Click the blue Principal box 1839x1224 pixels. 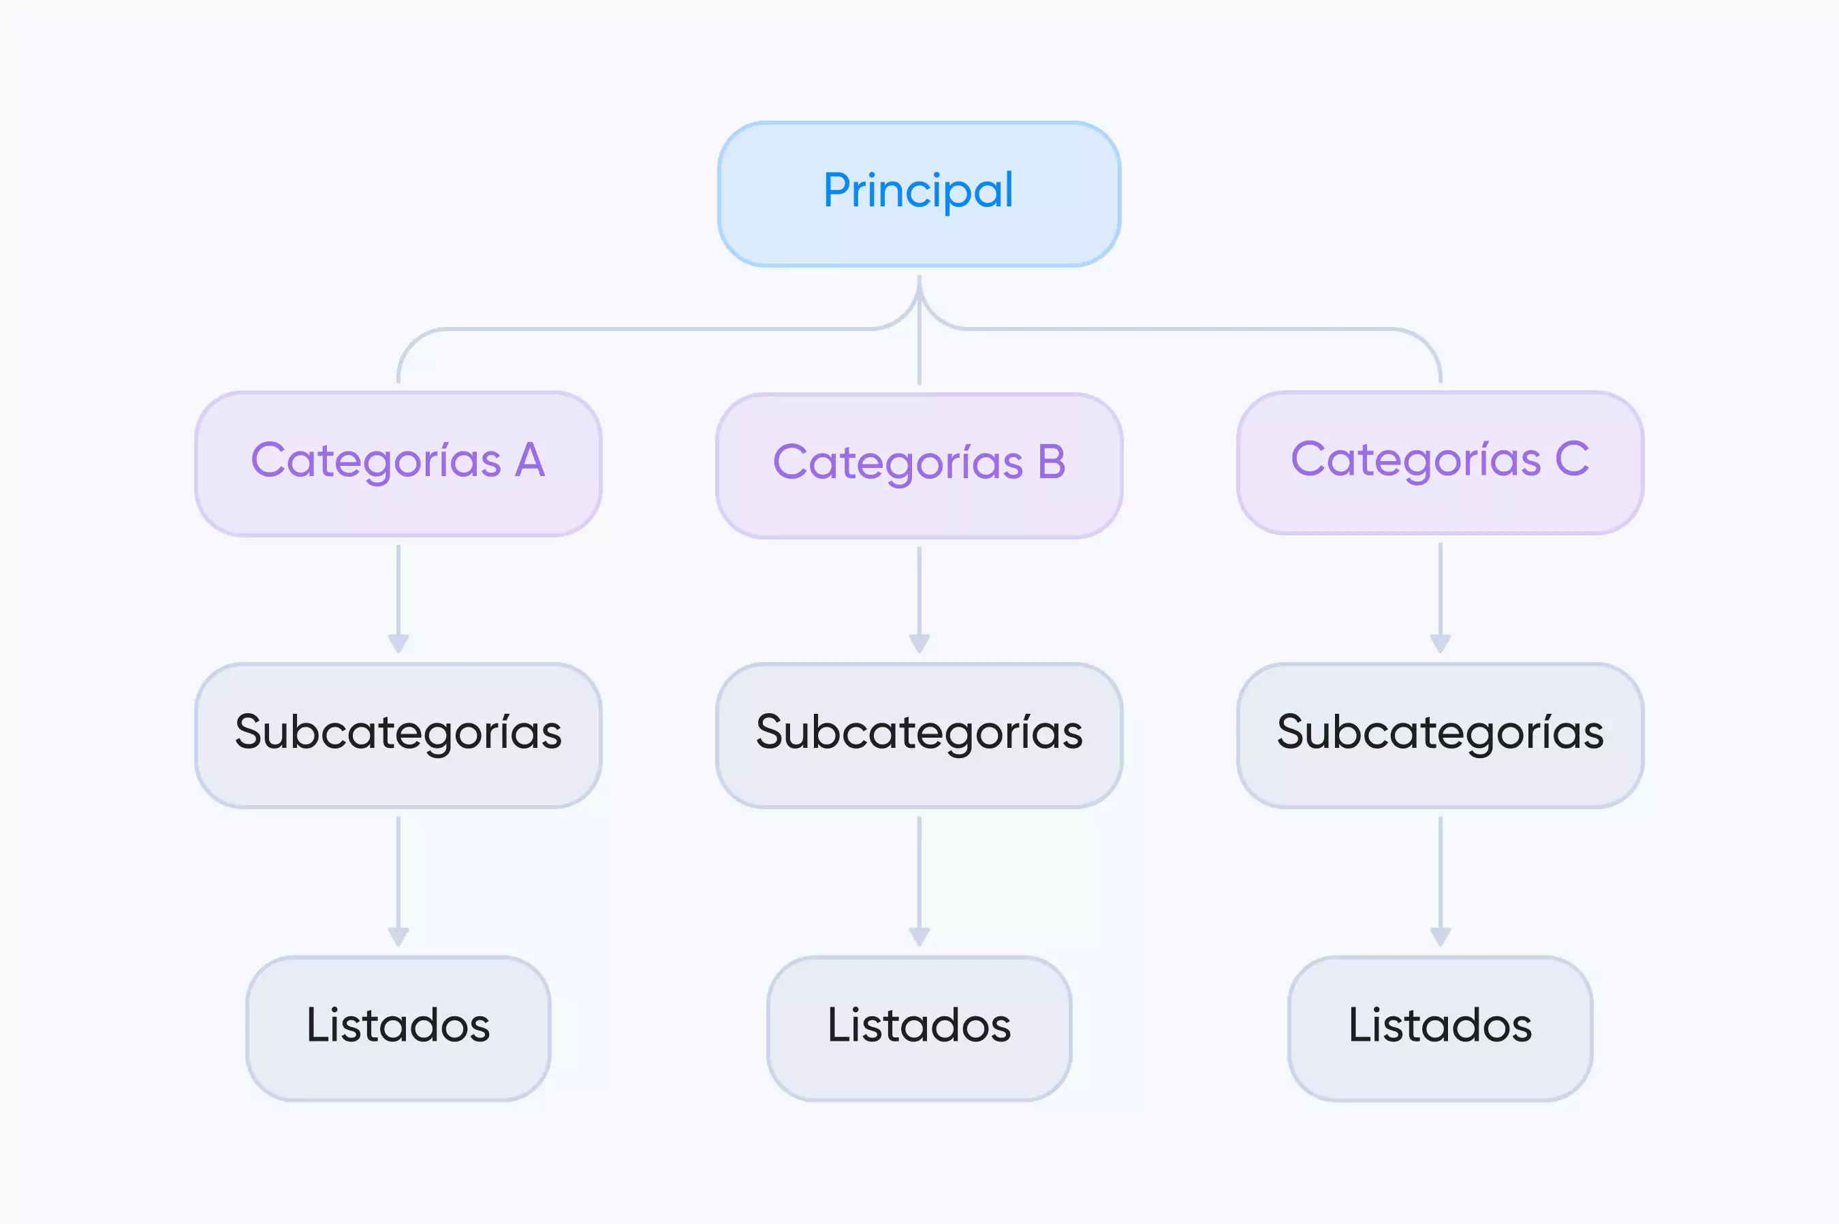pos(919,193)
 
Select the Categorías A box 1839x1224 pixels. pos(398,464)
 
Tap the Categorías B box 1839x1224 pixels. pos(919,465)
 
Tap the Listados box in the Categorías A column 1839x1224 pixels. pos(398,1029)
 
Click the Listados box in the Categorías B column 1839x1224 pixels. pos(919,1029)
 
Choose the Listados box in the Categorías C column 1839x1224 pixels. pos(1440,1029)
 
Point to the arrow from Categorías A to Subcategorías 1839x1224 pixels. pos(398,599)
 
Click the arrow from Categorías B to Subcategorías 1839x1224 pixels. pos(919,599)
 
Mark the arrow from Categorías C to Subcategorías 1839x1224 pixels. pos(1440,598)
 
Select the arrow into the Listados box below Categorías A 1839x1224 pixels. pos(398,881)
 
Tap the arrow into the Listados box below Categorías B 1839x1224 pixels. pos(919,881)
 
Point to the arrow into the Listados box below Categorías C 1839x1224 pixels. pos(1440,881)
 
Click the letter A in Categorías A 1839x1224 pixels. pos(530,460)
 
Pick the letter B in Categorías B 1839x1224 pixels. pos(1052,461)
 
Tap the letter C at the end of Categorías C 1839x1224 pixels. pos(1572,458)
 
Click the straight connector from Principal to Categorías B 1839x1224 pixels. pos(919,330)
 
